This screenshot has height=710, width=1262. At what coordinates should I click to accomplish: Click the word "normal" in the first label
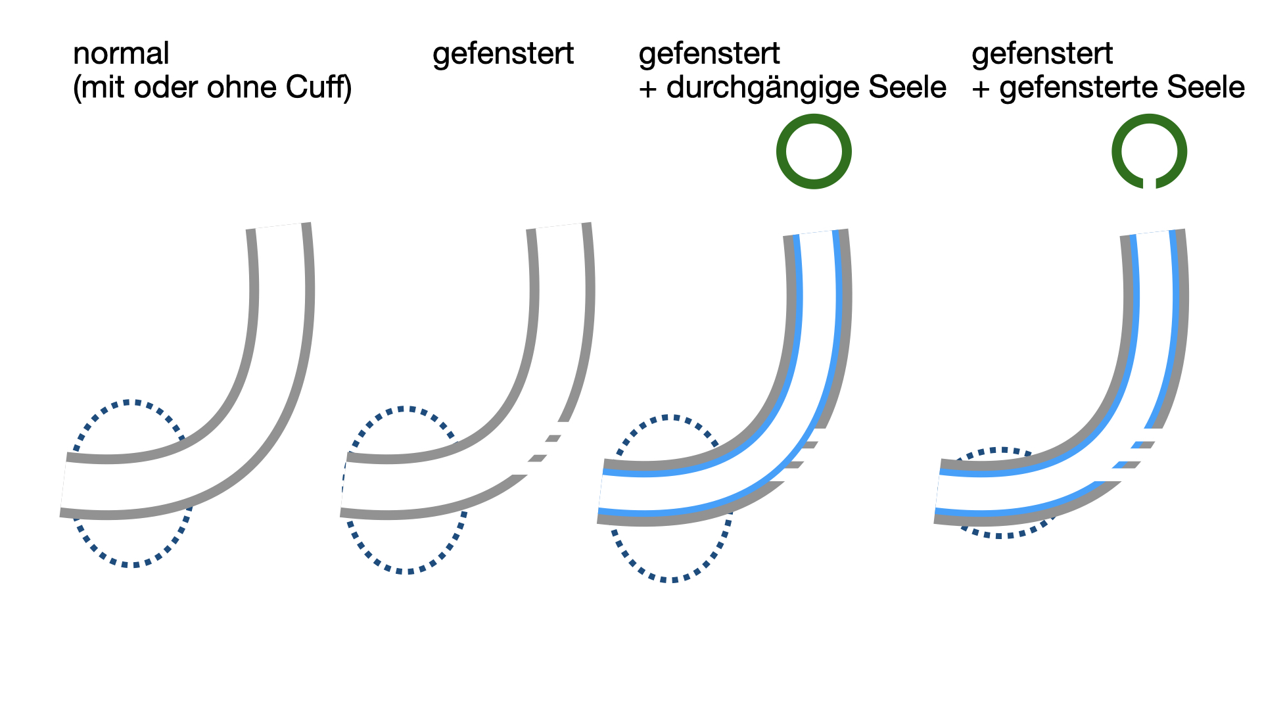pyautogui.click(x=121, y=54)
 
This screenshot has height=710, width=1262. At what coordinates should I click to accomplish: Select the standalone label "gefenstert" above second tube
pyautogui.click(x=503, y=54)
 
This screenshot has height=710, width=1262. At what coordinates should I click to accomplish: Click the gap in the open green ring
pyautogui.click(x=1149, y=183)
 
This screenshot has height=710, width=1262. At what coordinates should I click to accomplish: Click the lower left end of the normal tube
pyautogui.click(x=64, y=485)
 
